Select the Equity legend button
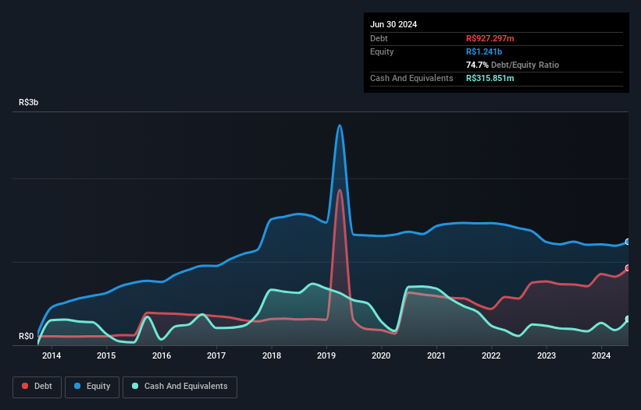pyautogui.click(x=93, y=386)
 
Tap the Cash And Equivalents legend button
pyautogui.click(x=180, y=386)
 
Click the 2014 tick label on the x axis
pyautogui.click(x=52, y=356)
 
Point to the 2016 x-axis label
pyautogui.click(x=162, y=356)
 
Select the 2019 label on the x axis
pyautogui.click(x=326, y=356)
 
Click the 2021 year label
pyautogui.click(x=436, y=356)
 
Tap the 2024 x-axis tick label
pyautogui.click(x=601, y=356)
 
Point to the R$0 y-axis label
pyautogui.click(x=27, y=337)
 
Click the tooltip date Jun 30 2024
pyautogui.click(x=394, y=24)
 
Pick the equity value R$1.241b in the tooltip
pyautogui.click(x=484, y=51)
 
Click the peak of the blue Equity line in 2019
pyautogui.click(x=339, y=125)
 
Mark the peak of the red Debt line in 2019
pyautogui.click(x=339, y=189)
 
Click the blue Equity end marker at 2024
pyautogui.click(x=627, y=242)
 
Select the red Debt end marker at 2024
pyautogui.click(x=627, y=268)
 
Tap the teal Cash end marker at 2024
pyautogui.click(x=627, y=320)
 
